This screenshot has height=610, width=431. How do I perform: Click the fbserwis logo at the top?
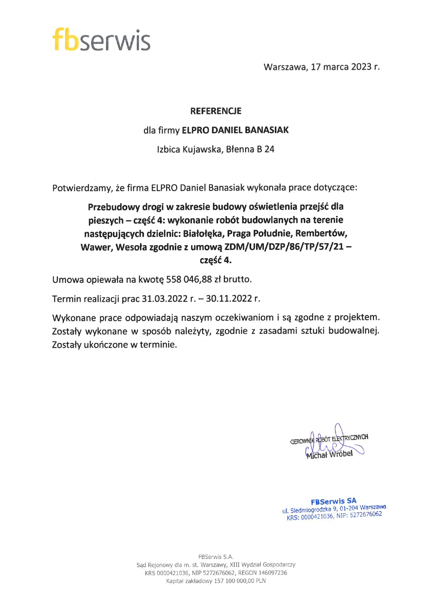[x=101, y=40]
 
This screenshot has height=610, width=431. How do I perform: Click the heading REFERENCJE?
[x=215, y=111]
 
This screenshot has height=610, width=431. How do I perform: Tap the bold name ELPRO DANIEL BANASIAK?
[x=235, y=130]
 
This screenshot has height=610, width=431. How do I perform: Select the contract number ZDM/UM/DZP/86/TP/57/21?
[x=284, y=247]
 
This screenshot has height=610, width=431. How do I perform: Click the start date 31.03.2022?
[x=165, y=299]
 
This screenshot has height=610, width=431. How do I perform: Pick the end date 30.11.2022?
[x=229, y=299]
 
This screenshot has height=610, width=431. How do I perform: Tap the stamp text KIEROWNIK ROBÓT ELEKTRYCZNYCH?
[x=329, y=439]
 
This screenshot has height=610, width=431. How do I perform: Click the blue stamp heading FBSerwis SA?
[x=333, y=501]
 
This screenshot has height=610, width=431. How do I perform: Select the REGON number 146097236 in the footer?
[x=273, y=573]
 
